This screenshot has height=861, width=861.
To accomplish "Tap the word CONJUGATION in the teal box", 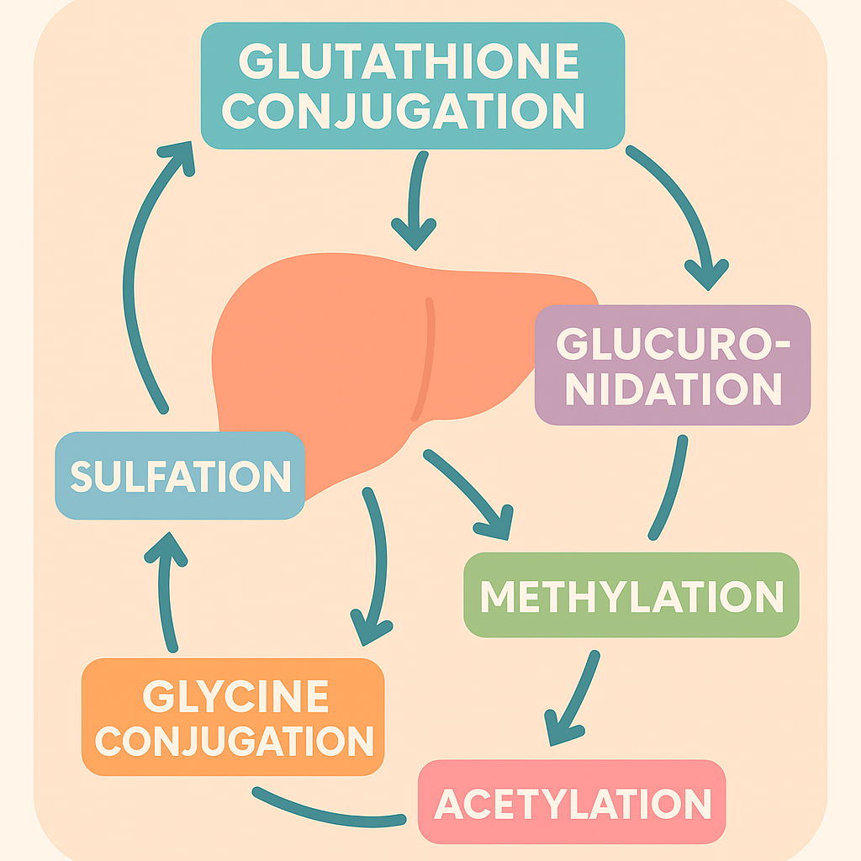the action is [x=404, y=110].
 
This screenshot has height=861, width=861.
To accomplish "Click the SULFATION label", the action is [x=180, y=477].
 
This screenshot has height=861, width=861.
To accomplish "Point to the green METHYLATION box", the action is [x=631, y=595].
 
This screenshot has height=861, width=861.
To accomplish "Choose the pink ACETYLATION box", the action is [x=572, y=803].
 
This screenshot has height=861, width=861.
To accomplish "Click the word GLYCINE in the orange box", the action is [x=235, y=696].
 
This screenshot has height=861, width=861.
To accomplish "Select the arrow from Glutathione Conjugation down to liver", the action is [x=415, y=202].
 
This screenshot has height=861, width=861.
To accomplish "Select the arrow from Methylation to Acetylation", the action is [x=575, y=698].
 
